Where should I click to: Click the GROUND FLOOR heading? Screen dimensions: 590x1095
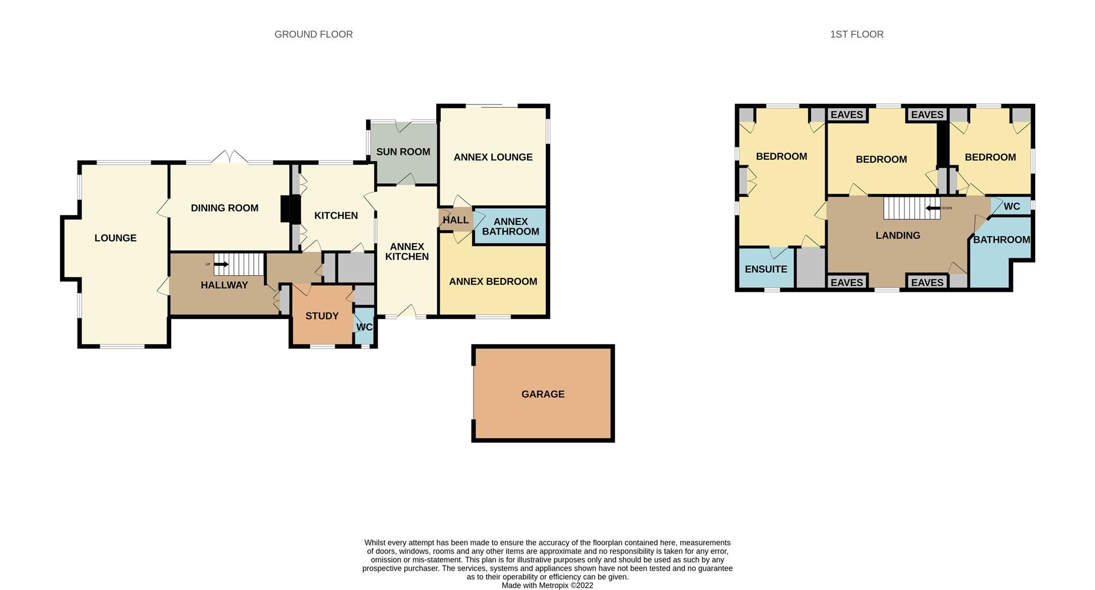(313, 34)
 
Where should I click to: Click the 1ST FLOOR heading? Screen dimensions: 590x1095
(857, 34)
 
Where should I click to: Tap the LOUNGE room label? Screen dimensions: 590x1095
(115, 238)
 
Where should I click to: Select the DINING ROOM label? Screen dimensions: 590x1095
(224, 208)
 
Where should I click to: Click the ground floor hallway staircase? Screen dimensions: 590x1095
(239, 264)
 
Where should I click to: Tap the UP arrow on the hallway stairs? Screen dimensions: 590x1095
(221, 264)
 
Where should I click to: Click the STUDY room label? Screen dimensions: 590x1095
(322, 316)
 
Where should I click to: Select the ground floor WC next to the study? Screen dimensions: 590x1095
(364, 327)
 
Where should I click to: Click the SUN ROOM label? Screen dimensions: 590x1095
(403, 152)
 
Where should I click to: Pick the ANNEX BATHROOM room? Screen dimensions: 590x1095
(510, 227)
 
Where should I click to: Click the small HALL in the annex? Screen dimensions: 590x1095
(455, 220)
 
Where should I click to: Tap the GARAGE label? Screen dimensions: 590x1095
(542, 394)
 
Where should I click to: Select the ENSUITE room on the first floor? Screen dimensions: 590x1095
(765, 269)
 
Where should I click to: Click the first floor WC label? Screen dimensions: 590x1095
(1011, 207)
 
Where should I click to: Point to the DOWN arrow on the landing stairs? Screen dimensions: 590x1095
(933, 208)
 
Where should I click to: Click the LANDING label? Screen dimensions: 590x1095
(898, 236)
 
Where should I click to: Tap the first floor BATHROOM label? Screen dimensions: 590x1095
(1001, 240)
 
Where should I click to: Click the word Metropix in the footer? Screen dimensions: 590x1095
(555, 585)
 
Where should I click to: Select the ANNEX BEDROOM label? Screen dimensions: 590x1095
(493, 282)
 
